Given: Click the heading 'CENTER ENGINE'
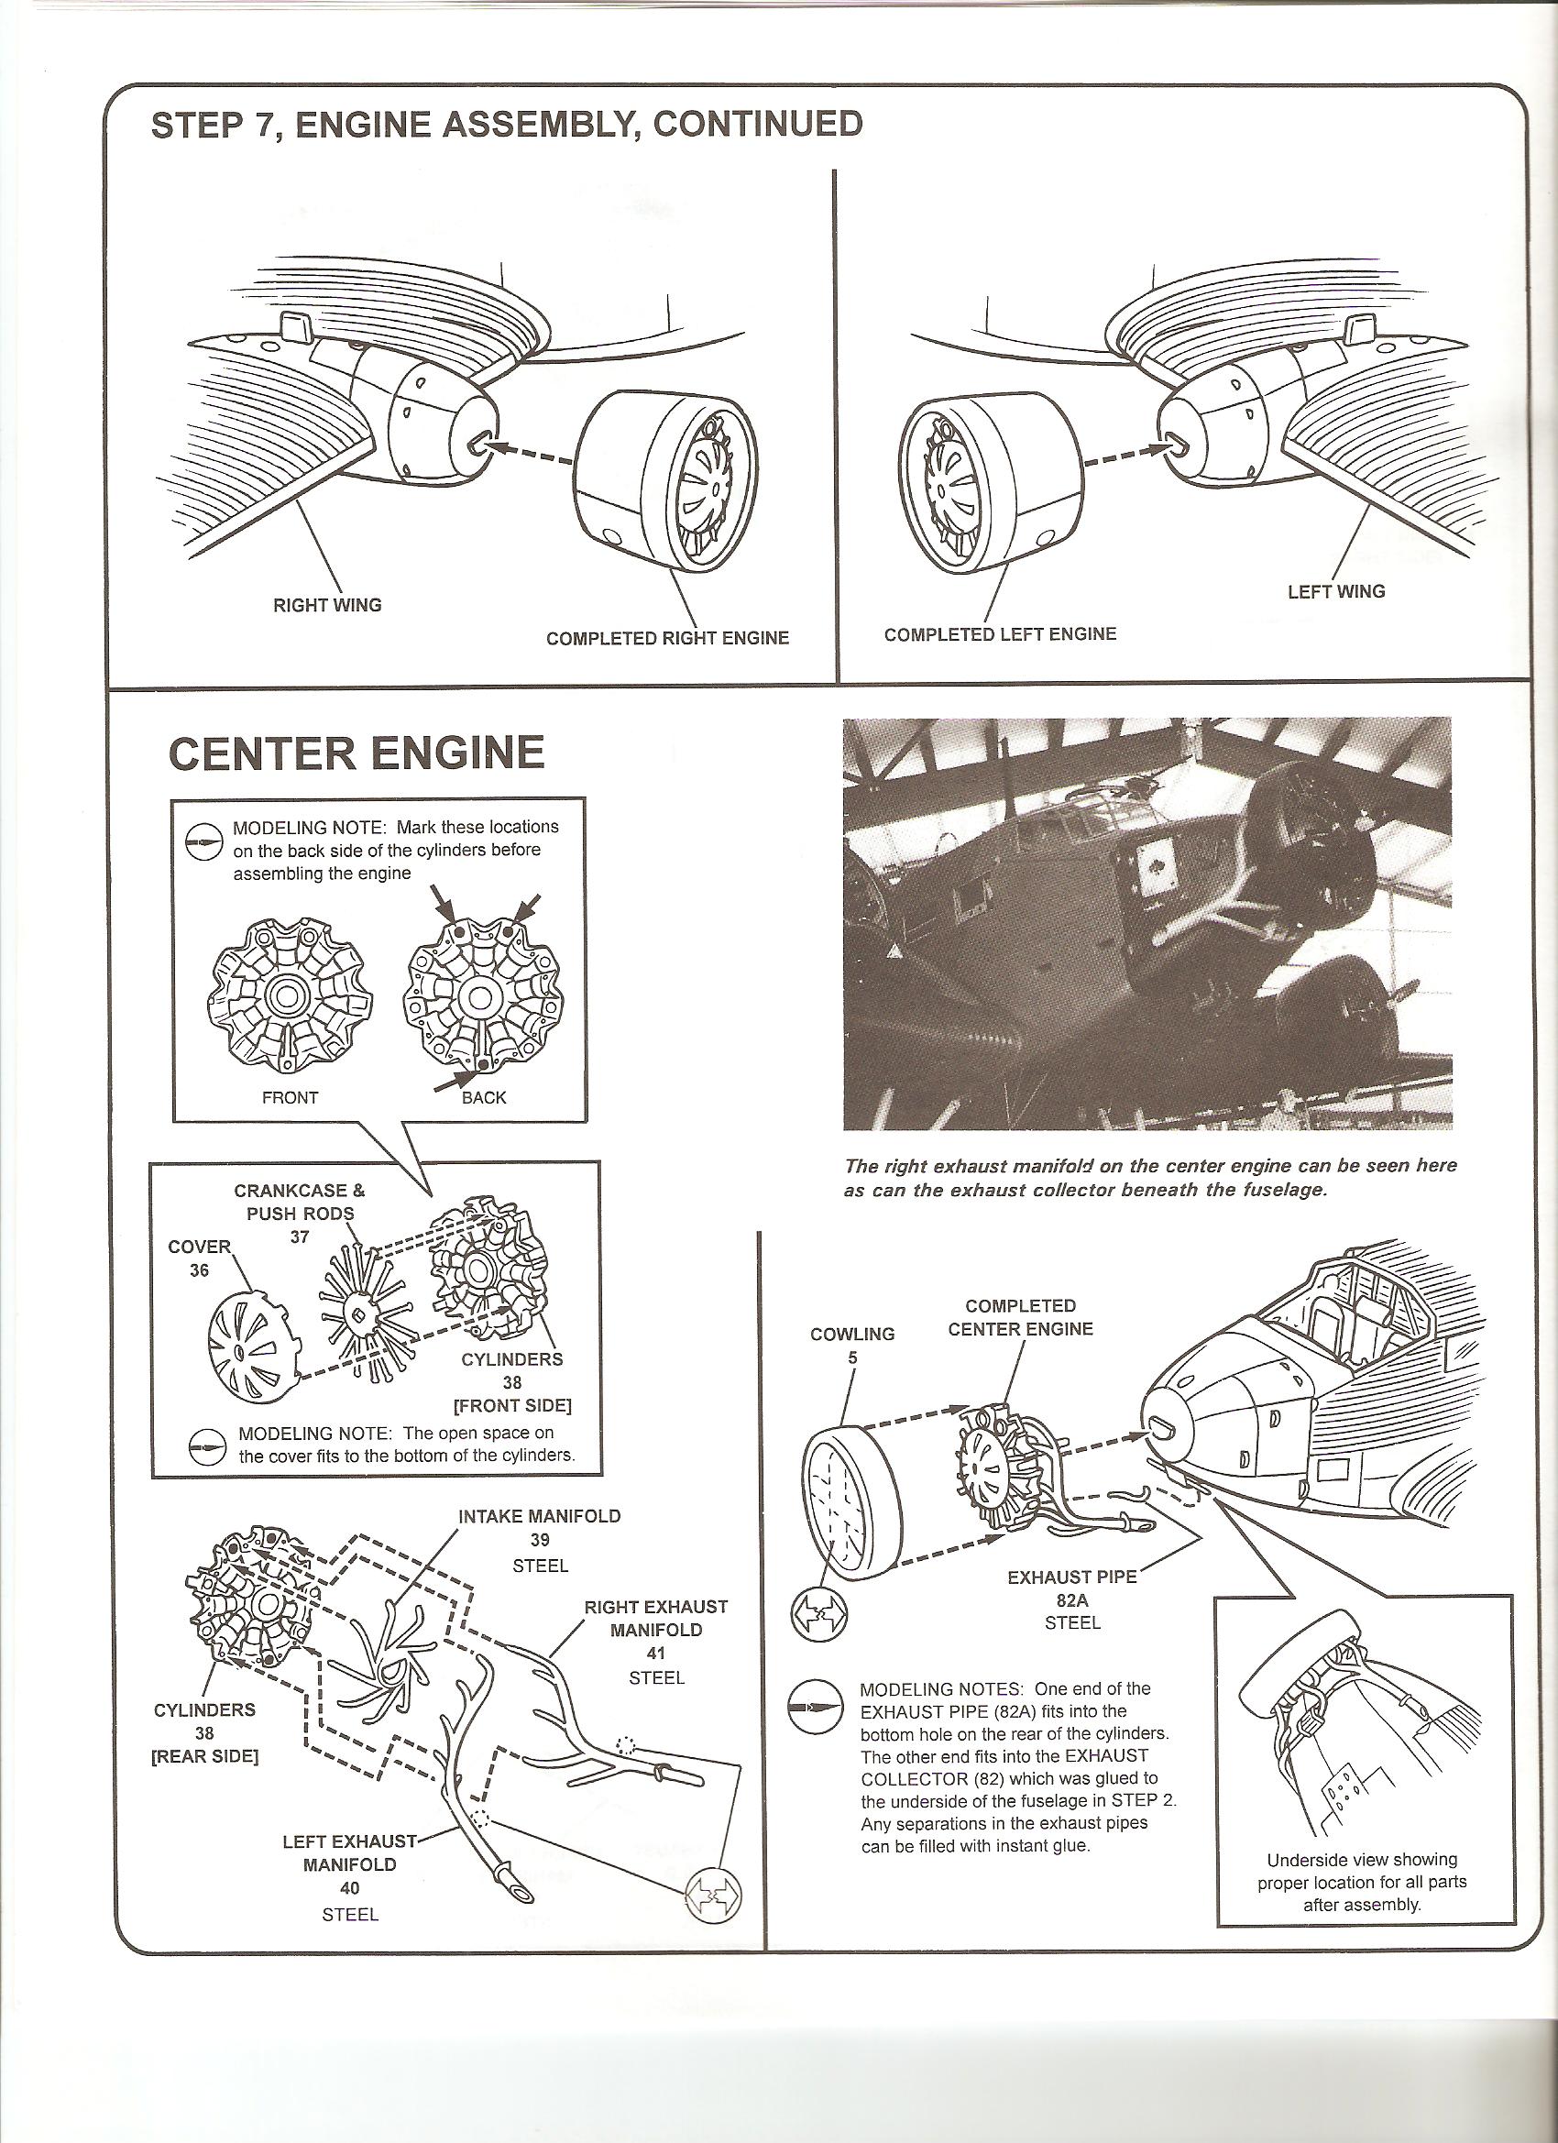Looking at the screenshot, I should click(x=357, y=753).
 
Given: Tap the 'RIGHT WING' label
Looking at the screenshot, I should click(x=327, y=606).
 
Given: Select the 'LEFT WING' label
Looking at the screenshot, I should click(x=1336, y=591).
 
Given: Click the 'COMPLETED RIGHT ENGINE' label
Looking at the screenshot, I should click(x=667, y=638).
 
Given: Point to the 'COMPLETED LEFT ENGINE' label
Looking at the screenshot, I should click(x=1000, y=634).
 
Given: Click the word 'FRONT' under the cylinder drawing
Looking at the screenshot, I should click(x=290, y=1098).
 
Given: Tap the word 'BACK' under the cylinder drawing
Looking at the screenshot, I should click(x=484, y=1098).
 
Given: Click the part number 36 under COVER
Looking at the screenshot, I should click(x=200, y=1271).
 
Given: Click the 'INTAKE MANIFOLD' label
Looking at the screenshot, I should click(x=540, y=1517).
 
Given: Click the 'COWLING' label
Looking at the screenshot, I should click(x=852, y=1335).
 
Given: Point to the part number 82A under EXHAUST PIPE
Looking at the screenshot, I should click(x=1073, y=1602).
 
